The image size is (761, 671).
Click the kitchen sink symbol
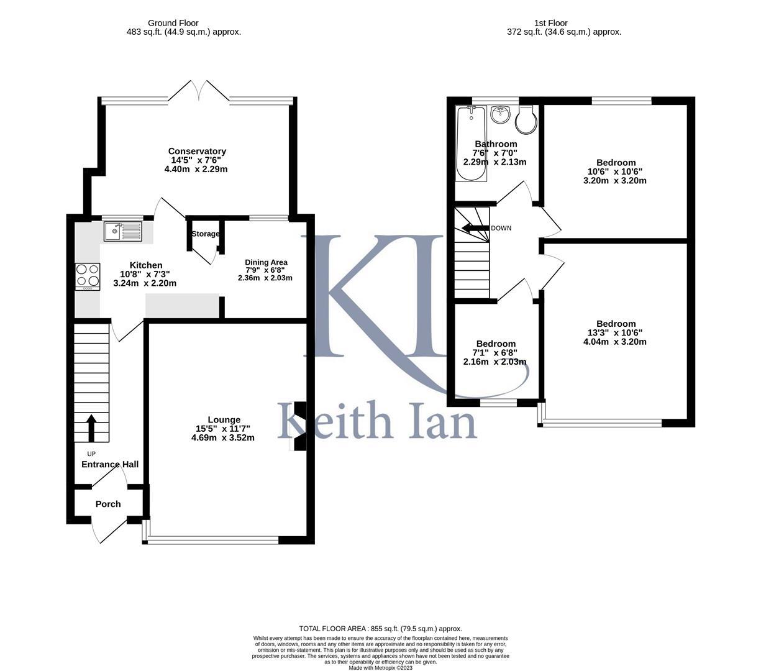pos(123,232)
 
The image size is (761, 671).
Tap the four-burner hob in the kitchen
pos(88,276)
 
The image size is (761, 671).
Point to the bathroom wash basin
pos(500,115)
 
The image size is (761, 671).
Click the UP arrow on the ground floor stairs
pos(91,428)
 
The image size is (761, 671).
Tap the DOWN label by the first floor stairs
pos(501,228)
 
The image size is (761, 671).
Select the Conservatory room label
pos(197,151)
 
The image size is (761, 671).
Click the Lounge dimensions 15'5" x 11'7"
pos(223,429)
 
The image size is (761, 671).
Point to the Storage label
pos(205,234)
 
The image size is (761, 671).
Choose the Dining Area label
pos(266,262)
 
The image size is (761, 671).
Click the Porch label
pos(108,504)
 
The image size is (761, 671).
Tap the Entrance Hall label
pos(110,464)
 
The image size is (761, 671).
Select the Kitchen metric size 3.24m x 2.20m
pos(145,283)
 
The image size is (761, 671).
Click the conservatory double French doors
pos(198,91)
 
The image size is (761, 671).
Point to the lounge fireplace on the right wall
pos(299,426)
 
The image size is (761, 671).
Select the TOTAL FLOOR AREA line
pos(380,629)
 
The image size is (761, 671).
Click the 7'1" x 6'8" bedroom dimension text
pos(496,353)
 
